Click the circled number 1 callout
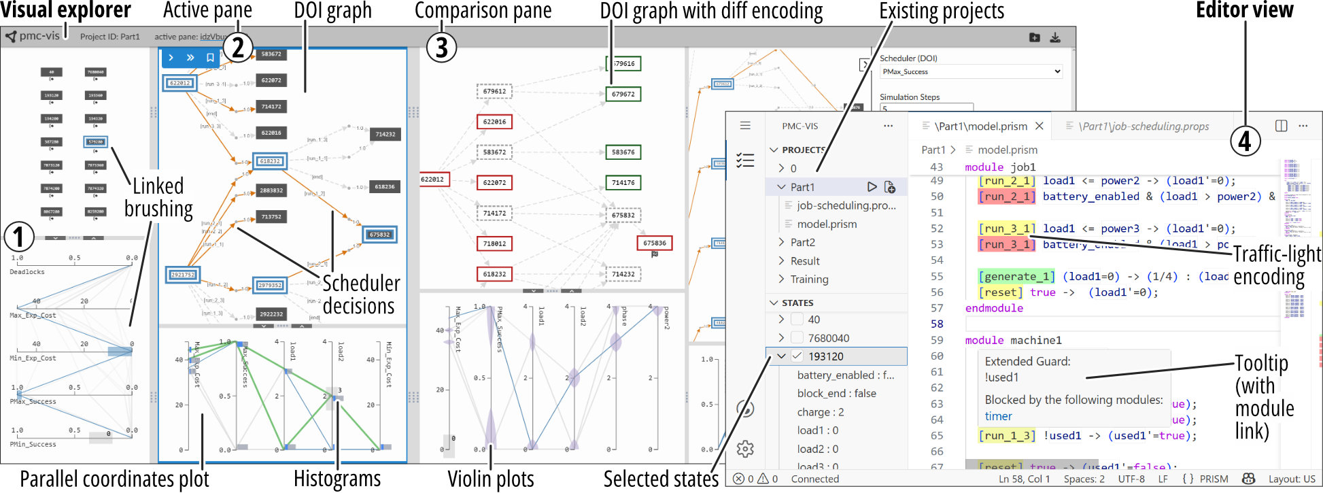19,237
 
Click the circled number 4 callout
1245,141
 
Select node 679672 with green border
623,94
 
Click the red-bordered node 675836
654,243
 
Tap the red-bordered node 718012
494,243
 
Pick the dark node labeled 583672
271,54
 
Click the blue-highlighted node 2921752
182,275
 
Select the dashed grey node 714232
623,274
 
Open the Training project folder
809,279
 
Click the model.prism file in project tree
827,224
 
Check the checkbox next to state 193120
797,356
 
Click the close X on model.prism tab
1039,126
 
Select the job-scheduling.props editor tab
1144,126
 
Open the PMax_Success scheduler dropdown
970,71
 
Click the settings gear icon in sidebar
745,449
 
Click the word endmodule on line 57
993,308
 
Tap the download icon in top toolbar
1055,37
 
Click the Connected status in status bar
814,479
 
